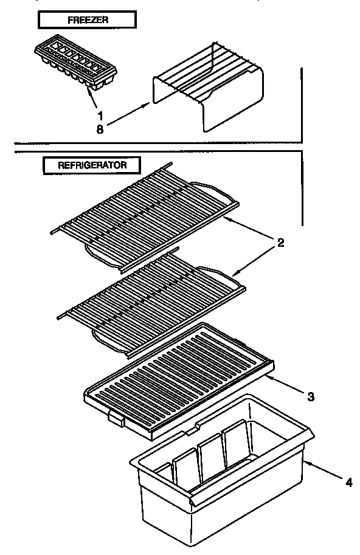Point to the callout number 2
click(x=280, y=243)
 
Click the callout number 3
click(x=311, y=397)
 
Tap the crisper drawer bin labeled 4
click(x=219, y=480)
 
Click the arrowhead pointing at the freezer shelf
click(x=148, y=104)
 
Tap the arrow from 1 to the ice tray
click(x=94, y=97)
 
